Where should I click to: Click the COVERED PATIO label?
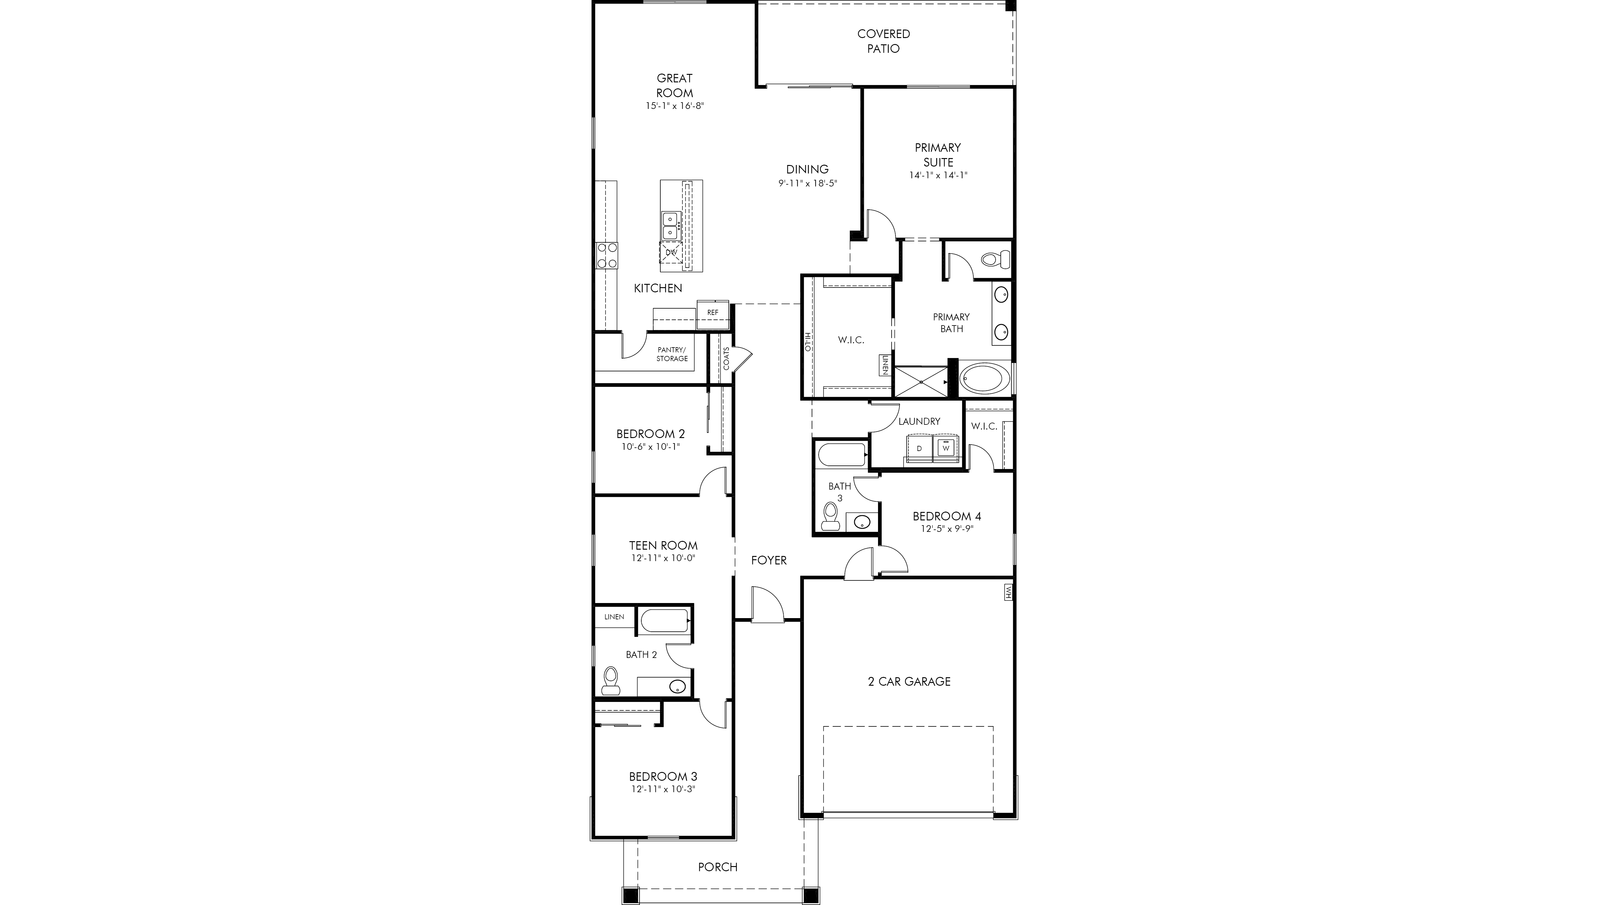[883, 41]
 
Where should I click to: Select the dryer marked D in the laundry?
[919, 448]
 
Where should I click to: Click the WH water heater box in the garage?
[1007, 592]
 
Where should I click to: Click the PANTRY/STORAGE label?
[672, 354]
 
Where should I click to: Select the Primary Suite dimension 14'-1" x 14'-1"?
[938, 176]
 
